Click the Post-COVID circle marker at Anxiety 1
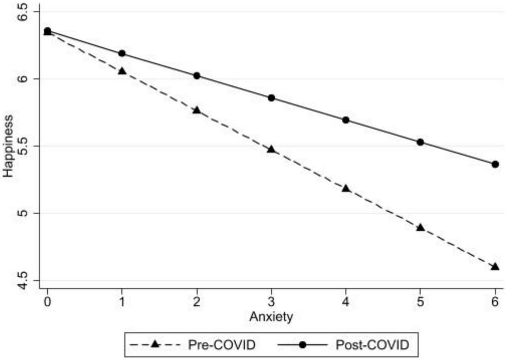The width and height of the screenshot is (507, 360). pos(122,53)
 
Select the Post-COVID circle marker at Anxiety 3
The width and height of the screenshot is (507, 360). pos(271,98)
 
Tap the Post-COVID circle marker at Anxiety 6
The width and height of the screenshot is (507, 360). pos(495,164)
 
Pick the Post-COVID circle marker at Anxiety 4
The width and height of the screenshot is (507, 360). pos(346,120)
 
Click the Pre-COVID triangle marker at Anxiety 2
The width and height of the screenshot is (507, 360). pos(197,110)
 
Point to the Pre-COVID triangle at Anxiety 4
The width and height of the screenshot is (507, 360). pos(346,189)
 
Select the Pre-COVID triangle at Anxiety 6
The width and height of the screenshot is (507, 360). pos(495,266)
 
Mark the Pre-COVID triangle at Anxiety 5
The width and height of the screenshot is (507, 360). pos(421,227)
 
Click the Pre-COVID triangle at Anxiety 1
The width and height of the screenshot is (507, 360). pos(122,71)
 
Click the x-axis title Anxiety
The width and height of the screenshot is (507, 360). pos(271,317)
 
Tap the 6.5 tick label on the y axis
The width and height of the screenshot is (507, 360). pos(23,12)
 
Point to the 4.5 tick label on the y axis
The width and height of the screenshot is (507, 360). pos(23,280)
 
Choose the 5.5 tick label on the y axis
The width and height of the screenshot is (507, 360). pos(23,146)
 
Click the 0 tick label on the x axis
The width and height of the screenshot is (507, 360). pos(47,301)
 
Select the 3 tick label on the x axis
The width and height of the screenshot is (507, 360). pos(271,301)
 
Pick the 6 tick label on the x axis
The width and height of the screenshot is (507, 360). pos(495,301)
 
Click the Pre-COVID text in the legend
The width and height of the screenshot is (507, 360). pos(222,345)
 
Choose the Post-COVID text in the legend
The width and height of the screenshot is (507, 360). pos(372,345)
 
